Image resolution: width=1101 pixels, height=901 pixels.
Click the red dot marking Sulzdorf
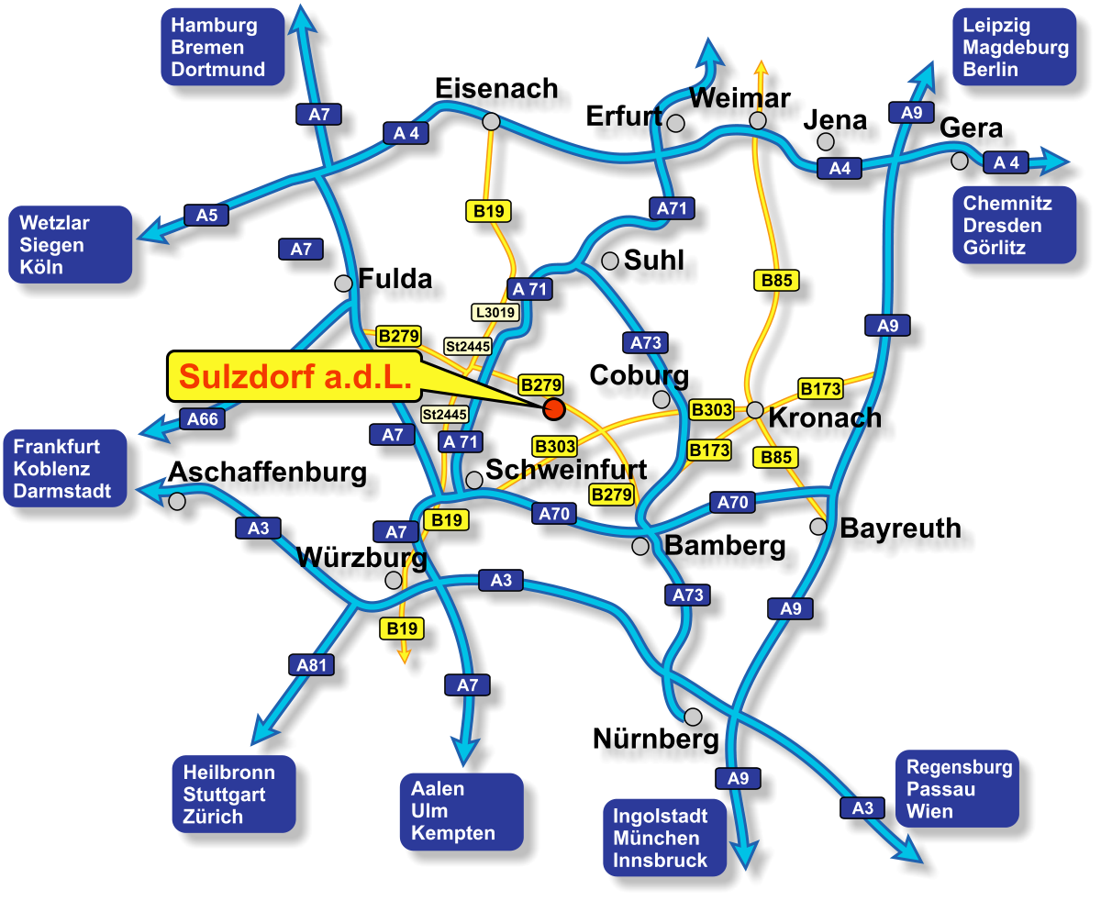[554, 409]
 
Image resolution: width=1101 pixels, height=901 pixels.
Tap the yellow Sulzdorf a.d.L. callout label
[295, 376]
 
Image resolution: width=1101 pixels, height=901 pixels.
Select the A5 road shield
[206, 216]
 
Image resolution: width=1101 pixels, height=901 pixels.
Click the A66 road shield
[203, 419]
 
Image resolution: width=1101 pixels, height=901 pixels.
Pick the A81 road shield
[312, 665]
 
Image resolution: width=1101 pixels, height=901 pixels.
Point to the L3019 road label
[496, 312]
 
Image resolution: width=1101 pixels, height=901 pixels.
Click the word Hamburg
[214, 26]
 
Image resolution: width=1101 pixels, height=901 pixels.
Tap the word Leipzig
[996, 26]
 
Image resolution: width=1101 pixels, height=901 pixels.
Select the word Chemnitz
[1007, 204]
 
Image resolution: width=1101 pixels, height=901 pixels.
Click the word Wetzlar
[54, 223]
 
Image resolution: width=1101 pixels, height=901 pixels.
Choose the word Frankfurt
[57, 447]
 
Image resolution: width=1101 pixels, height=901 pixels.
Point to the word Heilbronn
[228, 773]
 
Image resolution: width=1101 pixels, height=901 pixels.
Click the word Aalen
[438, 789]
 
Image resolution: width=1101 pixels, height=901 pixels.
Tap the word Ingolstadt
[661, 816]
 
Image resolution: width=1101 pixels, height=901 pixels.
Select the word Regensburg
[959, 767]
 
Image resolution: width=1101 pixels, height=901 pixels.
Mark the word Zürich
[213, 817]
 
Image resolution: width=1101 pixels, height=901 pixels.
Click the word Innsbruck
[661, 861]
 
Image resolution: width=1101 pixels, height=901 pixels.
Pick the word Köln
[41, 267]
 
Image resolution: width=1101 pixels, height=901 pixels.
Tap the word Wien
[929, 811]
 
